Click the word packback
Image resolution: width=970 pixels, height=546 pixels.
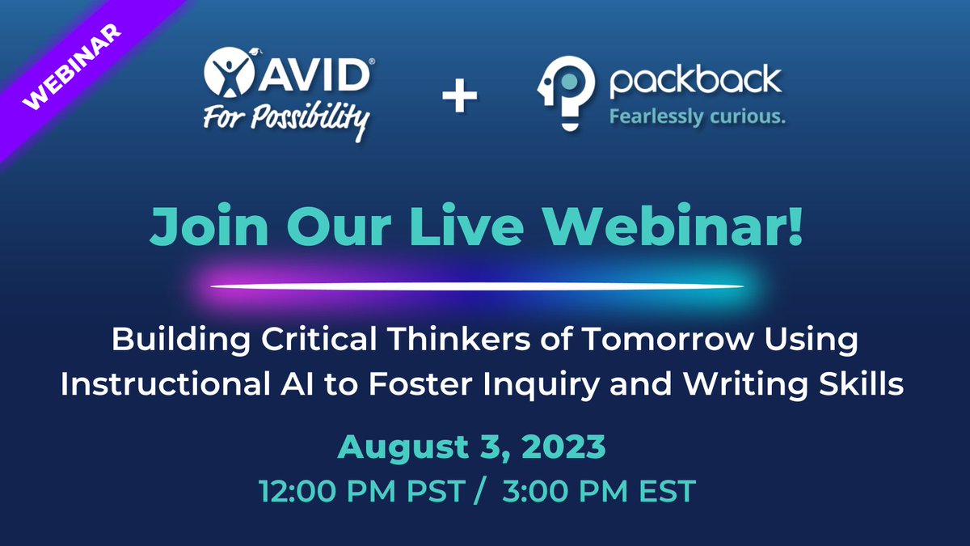point(695,82)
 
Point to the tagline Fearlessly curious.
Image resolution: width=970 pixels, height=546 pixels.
point(696,117)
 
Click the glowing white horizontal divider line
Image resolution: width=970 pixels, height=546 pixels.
point(477,286)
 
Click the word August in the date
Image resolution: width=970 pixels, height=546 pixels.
point(395,447)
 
